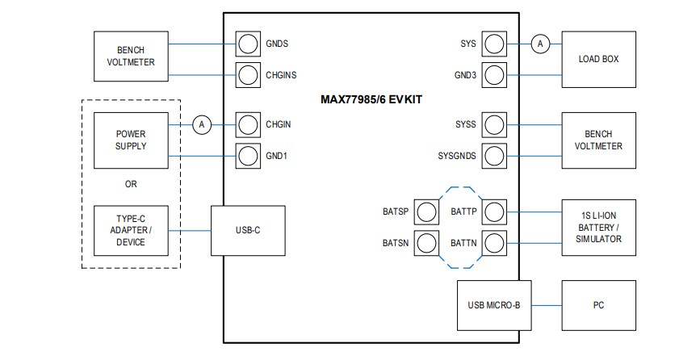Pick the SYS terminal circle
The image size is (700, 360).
(x=493, y=44)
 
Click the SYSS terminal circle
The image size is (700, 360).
(x=493, y=124)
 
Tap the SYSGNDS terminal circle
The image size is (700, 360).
(x=493, y=155)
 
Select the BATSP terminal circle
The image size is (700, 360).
(x=425, y=211)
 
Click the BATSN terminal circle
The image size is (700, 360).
(x=425, y=241)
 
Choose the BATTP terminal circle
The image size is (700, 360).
(x=493, y=211)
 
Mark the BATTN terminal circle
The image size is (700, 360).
(x=493, y=241)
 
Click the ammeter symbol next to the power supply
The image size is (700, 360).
(x=203, y=124)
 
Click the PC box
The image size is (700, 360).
(x=597, y=305)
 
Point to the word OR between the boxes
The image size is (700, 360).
(x=131, y=183)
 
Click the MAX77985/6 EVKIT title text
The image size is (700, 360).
(x=371, y=99)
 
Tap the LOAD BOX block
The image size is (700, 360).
(x=597, y=59)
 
